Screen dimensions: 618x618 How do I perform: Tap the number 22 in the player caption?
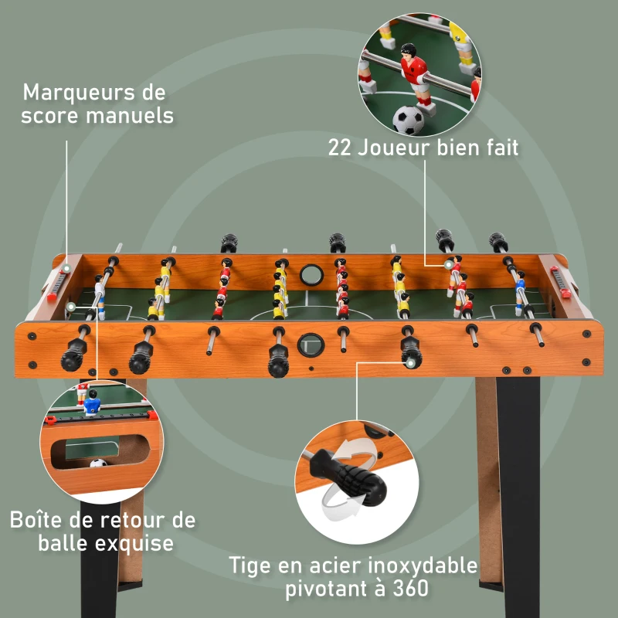[x=341, y=147]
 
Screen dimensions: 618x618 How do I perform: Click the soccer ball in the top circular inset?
[x=409, y=121]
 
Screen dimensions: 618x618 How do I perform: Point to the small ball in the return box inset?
[x=97, y=464]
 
